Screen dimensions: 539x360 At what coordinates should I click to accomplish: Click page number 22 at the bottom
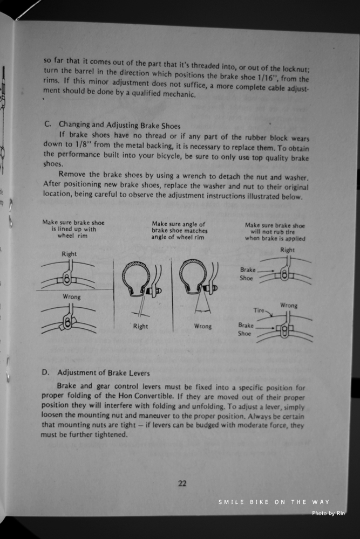coord(182,483)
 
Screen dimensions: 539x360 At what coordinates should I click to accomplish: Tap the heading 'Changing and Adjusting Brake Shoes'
coord(119,125)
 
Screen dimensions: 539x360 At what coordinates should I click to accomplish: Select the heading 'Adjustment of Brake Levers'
coord(104,372)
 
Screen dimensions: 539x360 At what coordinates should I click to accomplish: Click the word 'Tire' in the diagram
coord(259,310)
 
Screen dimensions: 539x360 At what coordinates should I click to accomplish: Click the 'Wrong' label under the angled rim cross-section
coord(203,326)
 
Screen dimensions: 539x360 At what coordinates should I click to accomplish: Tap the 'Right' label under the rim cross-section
coord(140,326)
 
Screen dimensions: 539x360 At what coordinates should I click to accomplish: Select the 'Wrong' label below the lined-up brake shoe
coord(71,296)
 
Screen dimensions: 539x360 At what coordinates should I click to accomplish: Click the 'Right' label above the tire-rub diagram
coord(288,250)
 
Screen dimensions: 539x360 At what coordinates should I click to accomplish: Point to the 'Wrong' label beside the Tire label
coord(289,306)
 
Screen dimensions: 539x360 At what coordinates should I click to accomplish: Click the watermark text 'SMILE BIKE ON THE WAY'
coord(274,502)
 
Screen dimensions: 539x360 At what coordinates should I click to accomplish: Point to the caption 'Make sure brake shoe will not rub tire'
coord(275,232)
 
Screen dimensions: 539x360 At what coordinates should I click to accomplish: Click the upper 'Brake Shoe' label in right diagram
coord(247,274)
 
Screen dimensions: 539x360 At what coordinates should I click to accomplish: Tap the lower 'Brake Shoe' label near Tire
coord(246,329)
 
